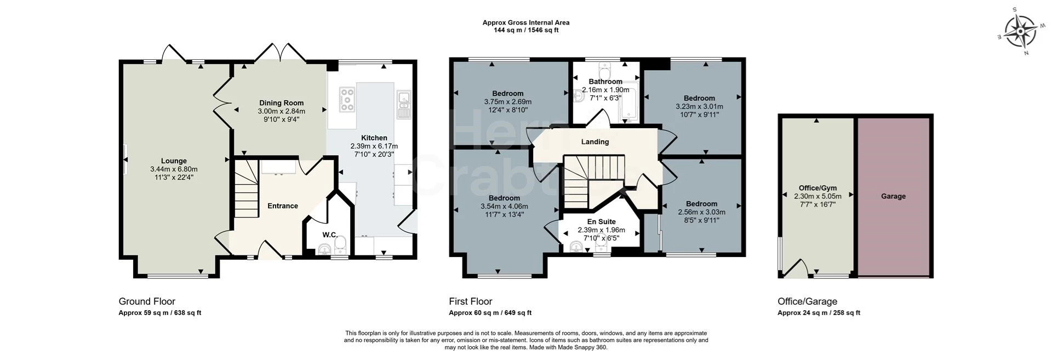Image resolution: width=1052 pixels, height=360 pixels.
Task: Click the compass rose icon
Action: [1020, 32]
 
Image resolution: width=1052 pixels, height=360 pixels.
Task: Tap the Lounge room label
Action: [174, 161]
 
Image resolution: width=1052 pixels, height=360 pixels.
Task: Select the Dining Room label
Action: [281, 103]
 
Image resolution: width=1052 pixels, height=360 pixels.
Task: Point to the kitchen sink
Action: [404, 104]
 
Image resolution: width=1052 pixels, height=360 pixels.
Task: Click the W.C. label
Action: [329, 235]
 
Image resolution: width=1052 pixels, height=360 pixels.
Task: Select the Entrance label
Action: [283, 206]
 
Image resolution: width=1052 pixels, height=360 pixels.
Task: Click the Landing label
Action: [595, 142]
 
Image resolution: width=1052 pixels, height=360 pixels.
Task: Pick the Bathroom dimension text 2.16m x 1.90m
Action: [605, 90]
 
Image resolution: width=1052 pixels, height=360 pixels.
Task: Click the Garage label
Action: [893, 196]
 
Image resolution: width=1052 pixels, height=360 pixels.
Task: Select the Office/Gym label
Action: [817, 188]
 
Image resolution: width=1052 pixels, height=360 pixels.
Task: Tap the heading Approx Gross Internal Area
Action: [526, 22]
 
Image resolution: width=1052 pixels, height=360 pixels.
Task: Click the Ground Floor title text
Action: [147, 301]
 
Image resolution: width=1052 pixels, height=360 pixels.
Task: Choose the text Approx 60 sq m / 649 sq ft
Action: [490, 313]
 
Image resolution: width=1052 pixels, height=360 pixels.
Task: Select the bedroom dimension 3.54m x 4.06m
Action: [504, 207]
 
